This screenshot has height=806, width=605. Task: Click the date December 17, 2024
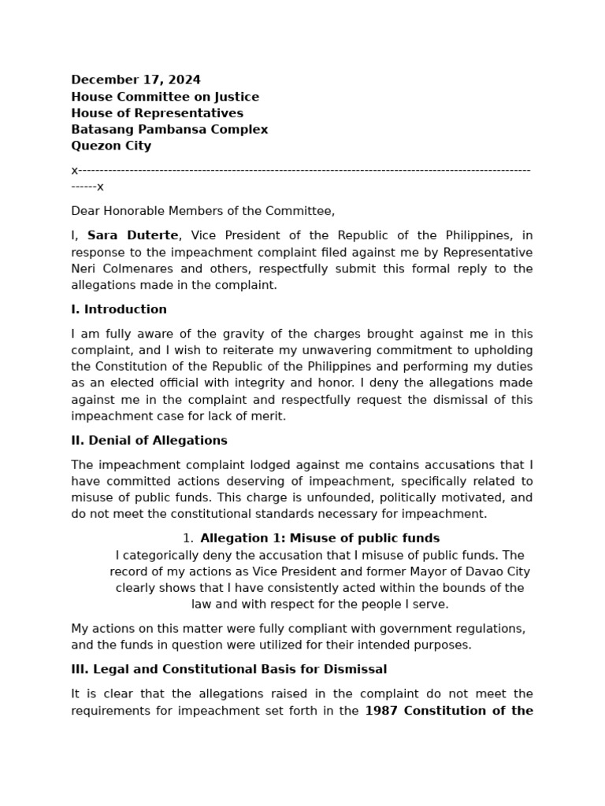click(135, 80)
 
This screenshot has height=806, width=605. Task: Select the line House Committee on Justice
click(165, 97)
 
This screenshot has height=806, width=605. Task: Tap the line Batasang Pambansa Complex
click(169, 130)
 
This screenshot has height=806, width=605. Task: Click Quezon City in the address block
click(111, 146)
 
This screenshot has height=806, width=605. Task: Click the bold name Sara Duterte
click(133, 236)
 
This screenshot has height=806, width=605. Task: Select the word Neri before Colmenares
click(84, 269)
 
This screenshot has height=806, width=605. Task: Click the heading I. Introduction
click(119, 310)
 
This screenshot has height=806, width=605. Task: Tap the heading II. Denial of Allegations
click(149, 441)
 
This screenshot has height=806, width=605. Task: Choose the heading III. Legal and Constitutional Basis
click(228, 670)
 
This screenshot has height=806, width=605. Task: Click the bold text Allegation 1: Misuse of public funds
click(320, 538)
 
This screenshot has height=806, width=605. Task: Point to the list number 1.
click(187, 538)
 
